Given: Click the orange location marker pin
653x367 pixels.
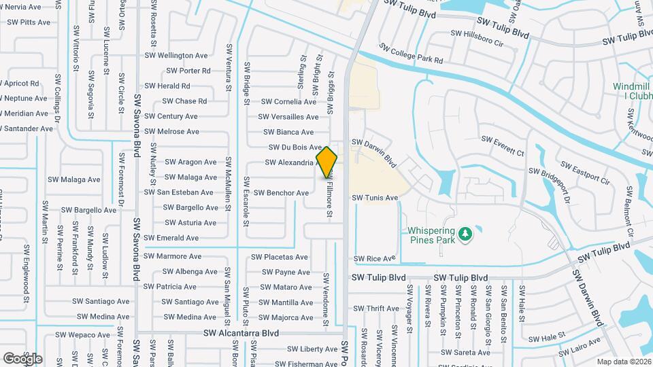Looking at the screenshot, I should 327,162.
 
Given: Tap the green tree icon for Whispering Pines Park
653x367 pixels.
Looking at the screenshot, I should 465,234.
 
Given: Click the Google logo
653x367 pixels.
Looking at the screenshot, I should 22,359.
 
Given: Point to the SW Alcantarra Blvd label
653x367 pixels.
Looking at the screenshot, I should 241,334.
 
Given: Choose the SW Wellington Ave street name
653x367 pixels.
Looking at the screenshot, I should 176,56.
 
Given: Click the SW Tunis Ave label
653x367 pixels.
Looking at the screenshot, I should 374,198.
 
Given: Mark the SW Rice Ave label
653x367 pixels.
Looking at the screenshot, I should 374,259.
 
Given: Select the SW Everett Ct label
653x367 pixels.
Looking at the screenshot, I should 503,145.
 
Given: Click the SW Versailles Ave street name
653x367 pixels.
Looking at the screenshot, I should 289,117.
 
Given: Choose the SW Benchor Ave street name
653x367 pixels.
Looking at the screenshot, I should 282,193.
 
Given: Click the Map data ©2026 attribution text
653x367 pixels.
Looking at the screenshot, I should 624,362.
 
